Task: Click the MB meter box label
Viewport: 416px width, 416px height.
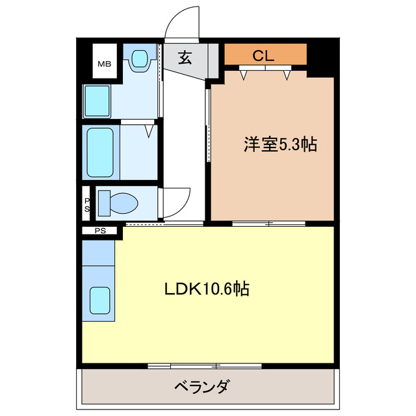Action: (x=104, y=64)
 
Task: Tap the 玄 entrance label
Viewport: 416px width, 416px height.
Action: (x=185, y=58)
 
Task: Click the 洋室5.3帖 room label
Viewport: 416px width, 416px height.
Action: (x=280, y=144)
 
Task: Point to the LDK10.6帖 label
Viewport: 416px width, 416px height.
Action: (x=207, y=288)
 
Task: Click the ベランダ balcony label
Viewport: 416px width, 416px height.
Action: (x=201, y=388)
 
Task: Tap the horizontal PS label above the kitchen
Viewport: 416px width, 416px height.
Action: (x=99, y=230)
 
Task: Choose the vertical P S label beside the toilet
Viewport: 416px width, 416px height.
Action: (x=87, y=204)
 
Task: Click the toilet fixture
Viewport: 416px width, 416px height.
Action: (x=119, y=201)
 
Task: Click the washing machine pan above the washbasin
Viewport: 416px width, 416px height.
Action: (x=138, y=60)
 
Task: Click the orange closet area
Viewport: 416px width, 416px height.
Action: (x=265, y=55)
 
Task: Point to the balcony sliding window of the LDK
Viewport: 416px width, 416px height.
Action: (x=201, y=366)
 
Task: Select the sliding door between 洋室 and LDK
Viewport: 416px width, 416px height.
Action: (x=268, y=223)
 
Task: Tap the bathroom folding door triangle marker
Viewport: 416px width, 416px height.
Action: (x=150, y=132)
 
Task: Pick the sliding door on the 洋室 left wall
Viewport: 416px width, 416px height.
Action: (x=207, y=127)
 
